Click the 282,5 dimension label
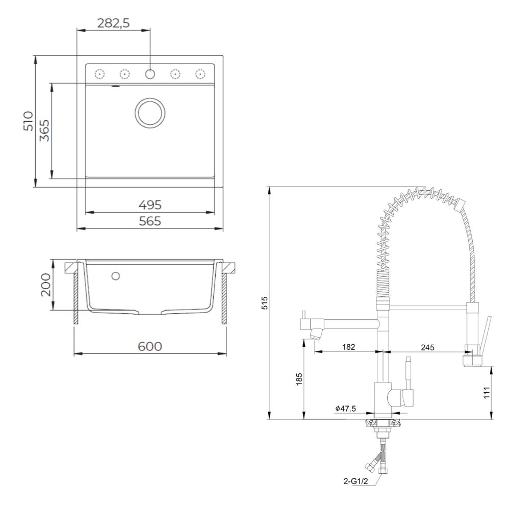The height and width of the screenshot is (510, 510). [x=114, y=23]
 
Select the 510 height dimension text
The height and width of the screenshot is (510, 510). [x=28, y=121]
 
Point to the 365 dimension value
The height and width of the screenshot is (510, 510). [x=44, y=131]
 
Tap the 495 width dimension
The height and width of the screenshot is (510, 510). [x=150, y=205]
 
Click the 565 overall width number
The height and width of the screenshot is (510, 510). [x=150, y=221]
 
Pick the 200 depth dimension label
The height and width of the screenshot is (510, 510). [x=46, y=285]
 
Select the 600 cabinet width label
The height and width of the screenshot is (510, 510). [x=150, y=346]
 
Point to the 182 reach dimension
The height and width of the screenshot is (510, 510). [x=348, y=347]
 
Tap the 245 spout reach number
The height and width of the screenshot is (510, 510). [x=427, y=348]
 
